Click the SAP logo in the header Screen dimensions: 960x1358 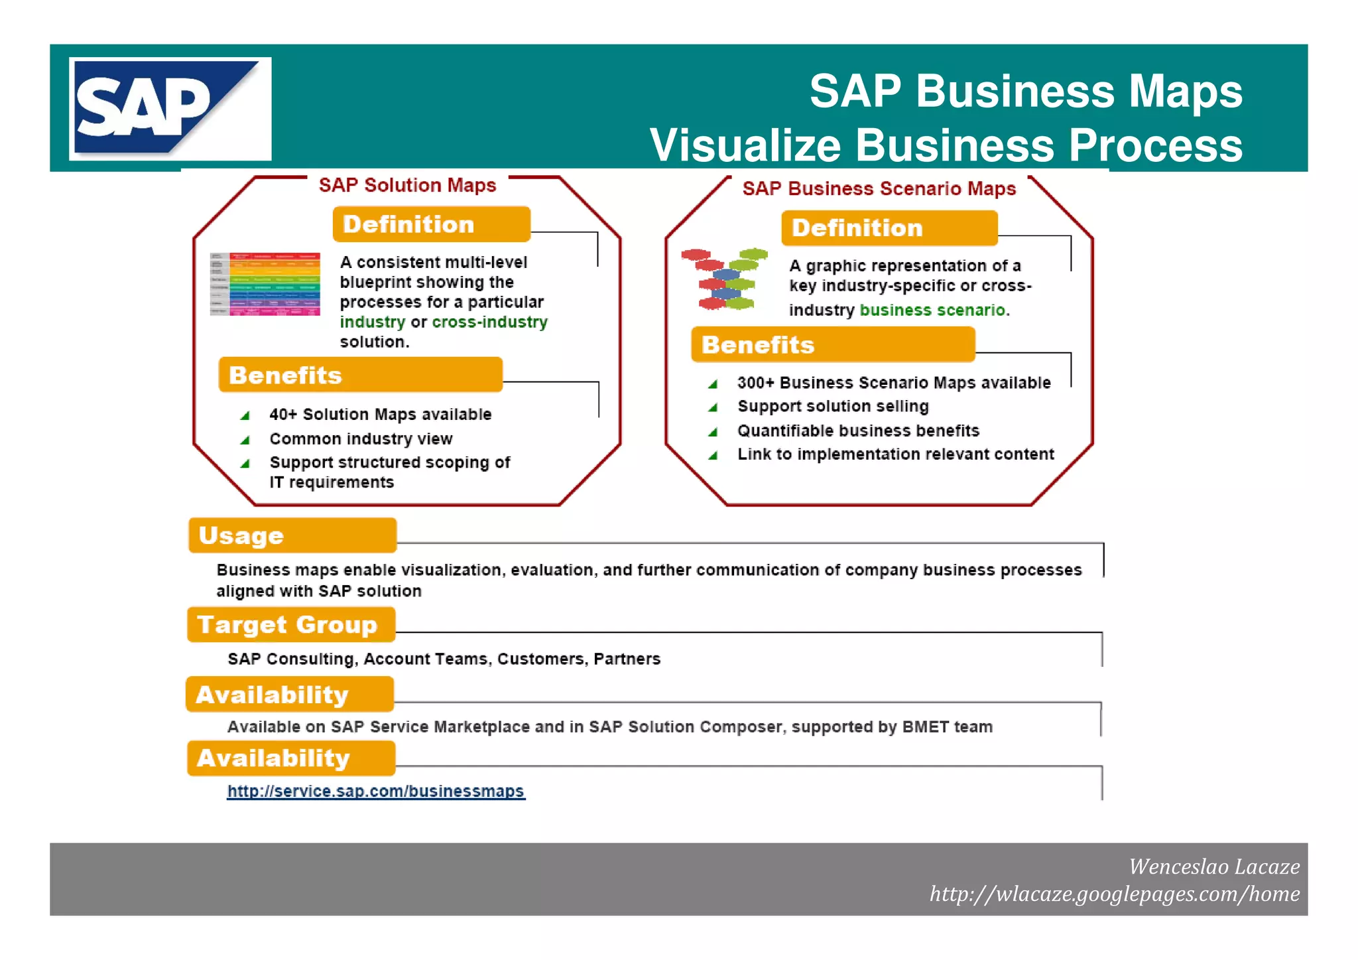[x=170, y=109]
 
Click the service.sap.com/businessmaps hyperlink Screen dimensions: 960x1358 [x=375, y=791]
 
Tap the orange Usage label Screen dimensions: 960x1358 [x=292, y=535]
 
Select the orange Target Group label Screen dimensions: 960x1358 [x=290, y=624]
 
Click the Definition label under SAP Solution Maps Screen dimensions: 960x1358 [x=431, y=224]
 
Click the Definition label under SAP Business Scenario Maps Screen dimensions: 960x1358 [x=889, y=228]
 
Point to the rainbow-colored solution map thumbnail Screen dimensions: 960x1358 [x=265, y=284]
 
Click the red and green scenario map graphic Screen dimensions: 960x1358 [x=724, y=279]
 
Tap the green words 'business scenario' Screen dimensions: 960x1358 [x=932, y=310]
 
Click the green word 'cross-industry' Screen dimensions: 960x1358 [x=489, y=322]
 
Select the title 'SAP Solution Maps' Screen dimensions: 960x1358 [x=407, y=185]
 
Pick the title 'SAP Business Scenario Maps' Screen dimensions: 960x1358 [x=879, y=188]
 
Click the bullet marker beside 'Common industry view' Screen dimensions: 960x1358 [x=245, y=440]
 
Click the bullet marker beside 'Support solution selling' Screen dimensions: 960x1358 [x=713, y=407]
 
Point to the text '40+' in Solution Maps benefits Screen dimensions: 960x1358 [x=283, y=415]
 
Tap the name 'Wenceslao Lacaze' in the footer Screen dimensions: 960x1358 [x=1213, y=866]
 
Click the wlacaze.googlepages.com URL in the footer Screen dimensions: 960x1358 [x=1114, y=894]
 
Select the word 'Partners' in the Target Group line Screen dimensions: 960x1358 [x=627, y=659]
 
